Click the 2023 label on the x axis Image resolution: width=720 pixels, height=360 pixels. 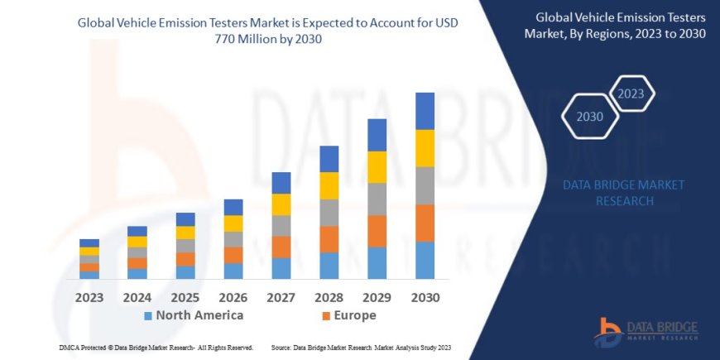pos(89,296)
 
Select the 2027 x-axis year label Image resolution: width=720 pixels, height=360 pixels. pos(281,296)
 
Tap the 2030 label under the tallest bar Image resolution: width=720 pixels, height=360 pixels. pos(425,296)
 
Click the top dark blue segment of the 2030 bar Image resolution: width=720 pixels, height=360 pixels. pos(425,111)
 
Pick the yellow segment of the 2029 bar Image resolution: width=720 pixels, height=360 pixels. pos(377,167)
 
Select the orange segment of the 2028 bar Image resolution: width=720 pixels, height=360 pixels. pos(329,239)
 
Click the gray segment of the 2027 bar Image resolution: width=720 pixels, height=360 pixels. pos(281,226)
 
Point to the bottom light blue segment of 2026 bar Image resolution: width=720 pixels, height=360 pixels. pos(233,271)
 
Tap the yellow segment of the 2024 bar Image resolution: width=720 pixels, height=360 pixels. pos(137,242)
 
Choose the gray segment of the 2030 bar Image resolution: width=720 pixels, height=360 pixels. pos(425,185)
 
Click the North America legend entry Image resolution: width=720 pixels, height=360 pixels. pos(194,315)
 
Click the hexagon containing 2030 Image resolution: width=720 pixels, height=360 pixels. pos(591,117)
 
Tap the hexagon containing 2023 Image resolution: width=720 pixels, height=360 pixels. pos(631,94)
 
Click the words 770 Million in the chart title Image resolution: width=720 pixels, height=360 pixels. pos(281,38)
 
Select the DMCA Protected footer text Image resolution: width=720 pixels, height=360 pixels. pos(156,348)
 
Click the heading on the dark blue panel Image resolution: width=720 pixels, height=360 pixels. pos(621,24)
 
